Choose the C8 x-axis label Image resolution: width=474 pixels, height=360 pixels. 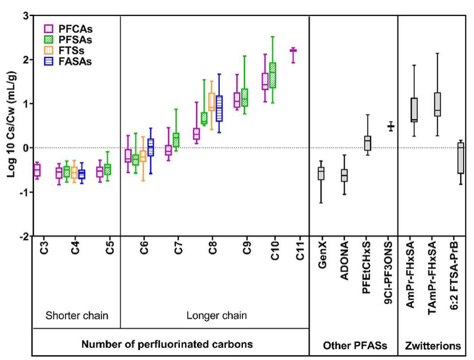tap(213, 248)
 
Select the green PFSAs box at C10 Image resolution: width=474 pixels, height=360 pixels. tap(272, 75)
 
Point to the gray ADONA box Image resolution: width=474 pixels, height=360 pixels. tap(344, 175)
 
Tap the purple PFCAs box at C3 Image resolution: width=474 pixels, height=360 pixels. tap(37, 170)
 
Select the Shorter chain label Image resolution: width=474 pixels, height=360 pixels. tap(77, 315)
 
